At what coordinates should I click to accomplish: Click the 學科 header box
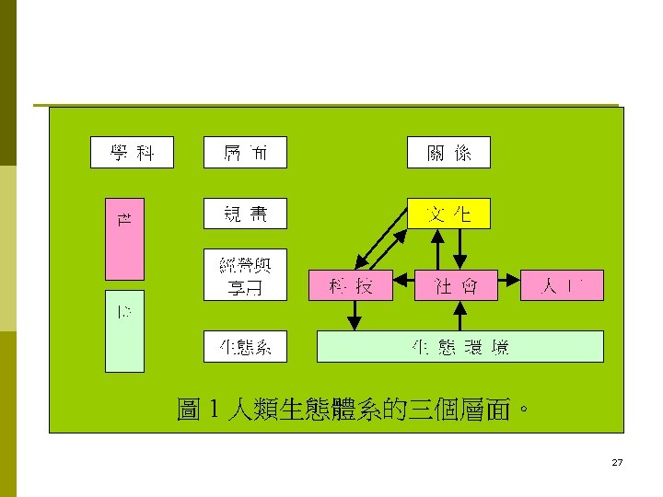[132, 153]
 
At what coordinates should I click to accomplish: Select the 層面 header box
[245, 153]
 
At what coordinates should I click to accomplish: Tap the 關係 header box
[448, 153]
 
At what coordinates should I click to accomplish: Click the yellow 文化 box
[448, 214]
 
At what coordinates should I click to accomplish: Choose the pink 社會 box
[456, 285]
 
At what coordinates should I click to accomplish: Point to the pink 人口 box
[562, 285]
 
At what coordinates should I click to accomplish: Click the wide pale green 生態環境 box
[459, 347]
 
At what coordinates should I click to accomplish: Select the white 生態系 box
[245, 347]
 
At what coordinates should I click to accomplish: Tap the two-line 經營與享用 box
[245, 274]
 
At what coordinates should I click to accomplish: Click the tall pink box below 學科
[124, 238]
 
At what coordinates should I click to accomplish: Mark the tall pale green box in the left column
[124, 332]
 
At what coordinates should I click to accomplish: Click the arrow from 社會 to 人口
[509, 277]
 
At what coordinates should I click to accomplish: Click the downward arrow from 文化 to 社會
[462, 248]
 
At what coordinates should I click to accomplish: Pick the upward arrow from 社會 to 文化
[438, 248]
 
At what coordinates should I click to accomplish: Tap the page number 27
[617, 462]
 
